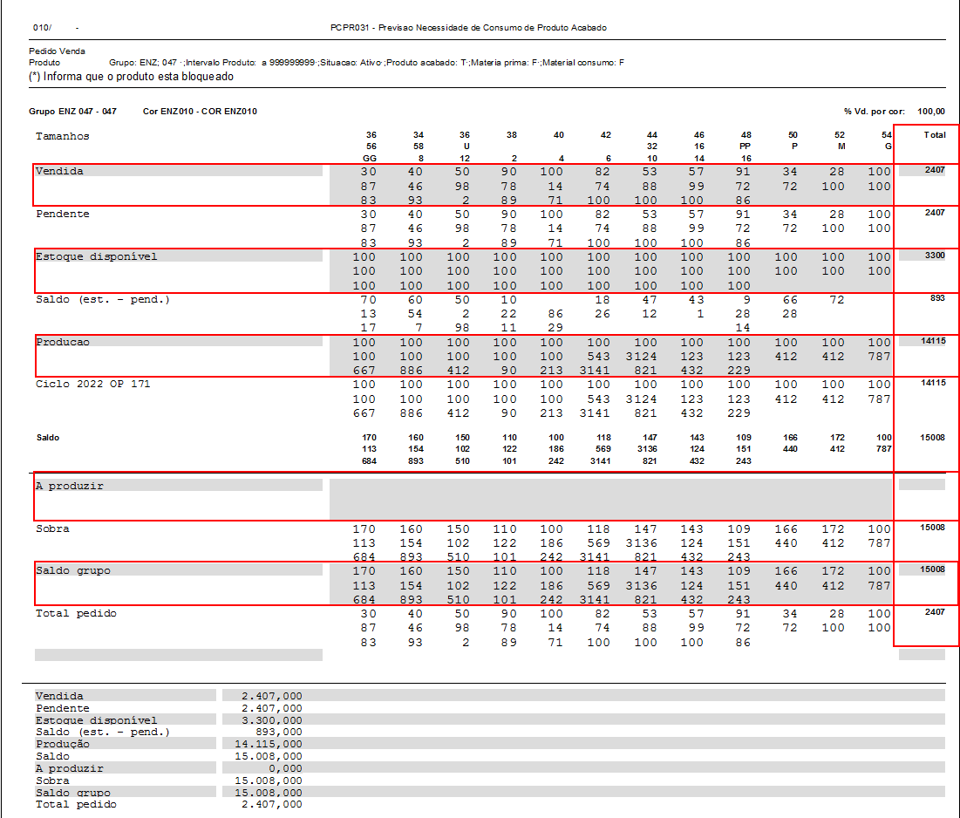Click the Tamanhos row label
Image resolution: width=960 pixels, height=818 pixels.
click(62, 136)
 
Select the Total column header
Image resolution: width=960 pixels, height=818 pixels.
click(934, 135)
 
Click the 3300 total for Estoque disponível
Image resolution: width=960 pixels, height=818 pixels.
click(934, 256)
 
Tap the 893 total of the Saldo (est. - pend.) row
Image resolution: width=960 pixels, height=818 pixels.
click(937, 298)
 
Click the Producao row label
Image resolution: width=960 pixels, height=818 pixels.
click(62, 342)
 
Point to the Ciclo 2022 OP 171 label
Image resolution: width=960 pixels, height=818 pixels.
click(92, 384)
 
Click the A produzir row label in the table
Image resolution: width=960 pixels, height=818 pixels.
click(69, 486)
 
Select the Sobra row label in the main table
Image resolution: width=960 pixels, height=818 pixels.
click(52, 528)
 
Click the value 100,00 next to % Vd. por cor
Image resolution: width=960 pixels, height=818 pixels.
click(931, 112)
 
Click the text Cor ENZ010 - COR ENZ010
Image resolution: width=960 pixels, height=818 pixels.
click(200, 112)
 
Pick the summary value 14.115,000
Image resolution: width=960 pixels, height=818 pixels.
click(269, 744)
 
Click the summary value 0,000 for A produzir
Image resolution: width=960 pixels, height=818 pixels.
click(281, 768)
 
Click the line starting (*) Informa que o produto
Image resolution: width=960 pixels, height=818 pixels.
click(131, 77)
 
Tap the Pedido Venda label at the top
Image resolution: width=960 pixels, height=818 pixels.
click(57, 51)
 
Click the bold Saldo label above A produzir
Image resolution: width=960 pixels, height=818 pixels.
click(47, 438)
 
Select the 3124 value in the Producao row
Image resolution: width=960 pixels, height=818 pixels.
click(645, 356)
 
